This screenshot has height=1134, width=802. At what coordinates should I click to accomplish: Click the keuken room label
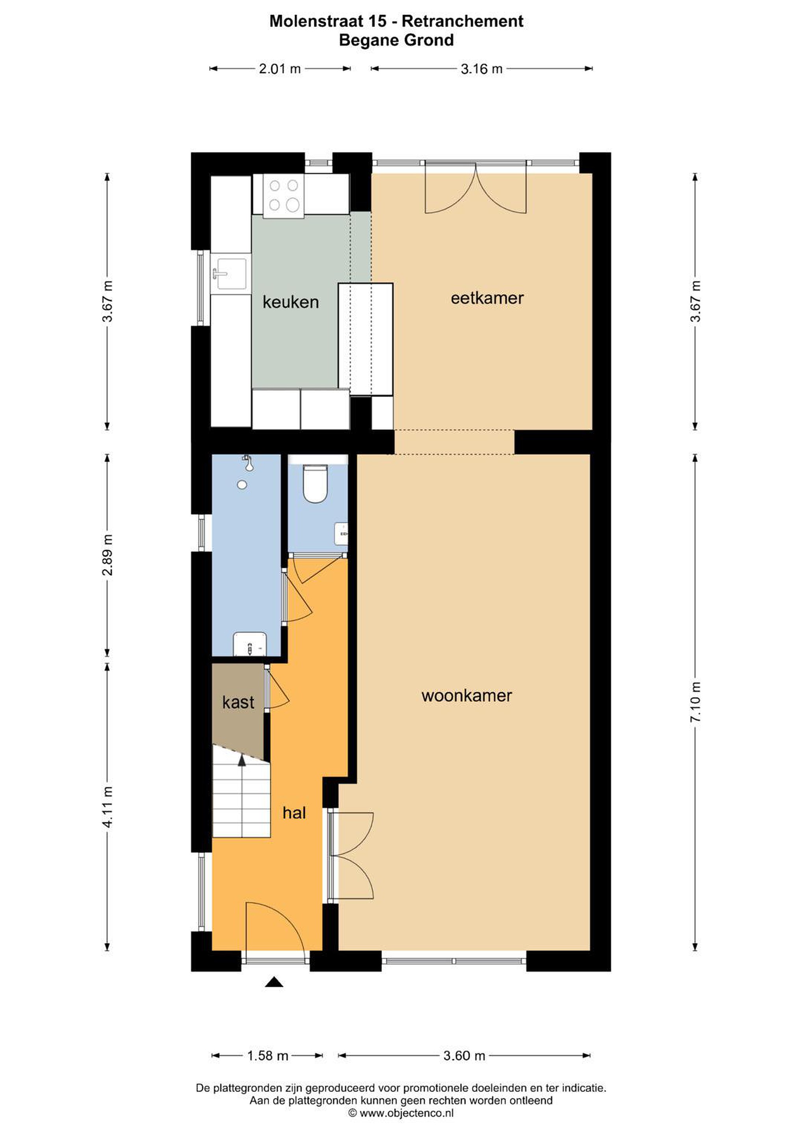(x=291, y=302)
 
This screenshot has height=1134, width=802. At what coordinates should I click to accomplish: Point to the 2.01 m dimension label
(x=280, y=69)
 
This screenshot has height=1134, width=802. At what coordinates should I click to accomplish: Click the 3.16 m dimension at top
(x=481, y=69)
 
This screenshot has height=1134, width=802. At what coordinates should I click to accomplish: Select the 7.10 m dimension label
(x=695, y=701)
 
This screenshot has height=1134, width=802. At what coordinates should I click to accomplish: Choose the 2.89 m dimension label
(x=107, y=555)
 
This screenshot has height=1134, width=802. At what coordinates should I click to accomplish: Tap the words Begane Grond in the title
(x=396, y=40)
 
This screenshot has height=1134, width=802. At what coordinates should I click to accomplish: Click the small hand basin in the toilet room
(x=342, y=534)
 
